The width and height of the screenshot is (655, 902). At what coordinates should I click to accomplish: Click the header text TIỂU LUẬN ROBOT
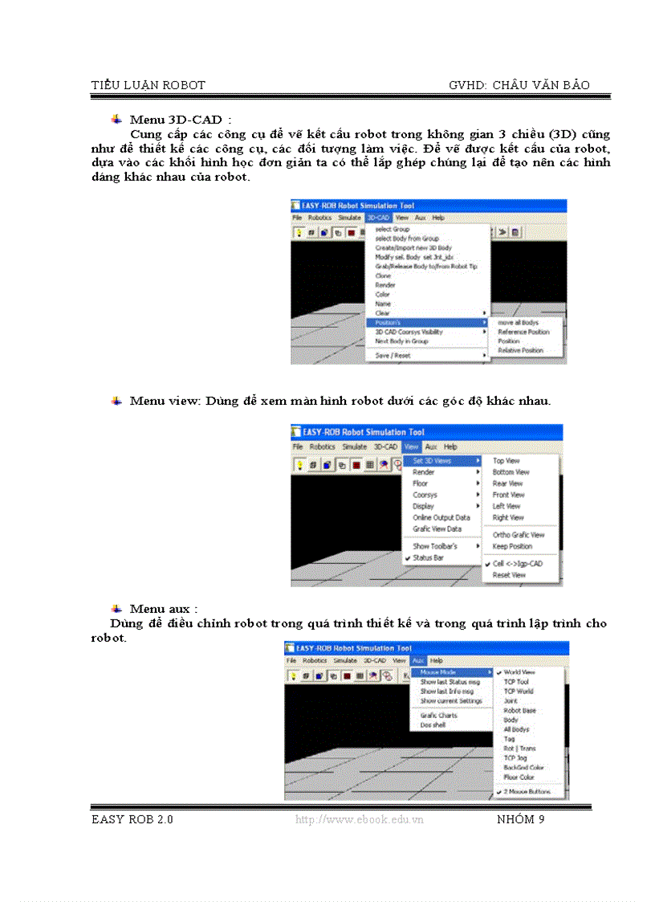(148, 85)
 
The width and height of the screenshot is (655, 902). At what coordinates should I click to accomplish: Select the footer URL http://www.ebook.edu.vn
(359, 819)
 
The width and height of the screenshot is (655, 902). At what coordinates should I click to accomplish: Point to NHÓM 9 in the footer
(520, 819)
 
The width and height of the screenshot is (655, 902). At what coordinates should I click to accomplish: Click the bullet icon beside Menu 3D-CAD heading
(116, 120)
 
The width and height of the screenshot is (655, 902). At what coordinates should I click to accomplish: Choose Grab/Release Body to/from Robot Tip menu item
(426, 266)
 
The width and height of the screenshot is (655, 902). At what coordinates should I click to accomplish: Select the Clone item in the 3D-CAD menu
(383, 275)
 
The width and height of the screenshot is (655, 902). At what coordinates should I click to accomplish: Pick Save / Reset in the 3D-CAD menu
(393, 355)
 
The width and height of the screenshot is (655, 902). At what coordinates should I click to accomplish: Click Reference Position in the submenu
(523, 332)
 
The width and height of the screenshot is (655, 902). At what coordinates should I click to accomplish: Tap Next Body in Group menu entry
(401, 341)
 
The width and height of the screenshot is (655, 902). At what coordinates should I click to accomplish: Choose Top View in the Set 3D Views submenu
(506, 461)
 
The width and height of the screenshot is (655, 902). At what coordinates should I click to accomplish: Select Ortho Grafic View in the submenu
(519, 535)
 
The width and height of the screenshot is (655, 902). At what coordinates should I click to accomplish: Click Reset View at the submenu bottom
(509, 575)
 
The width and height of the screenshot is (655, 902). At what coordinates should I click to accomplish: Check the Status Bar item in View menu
(428, 557)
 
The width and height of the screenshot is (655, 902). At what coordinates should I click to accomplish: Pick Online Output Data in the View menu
(441, 518)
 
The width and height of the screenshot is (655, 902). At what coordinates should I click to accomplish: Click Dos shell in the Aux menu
(433, 724)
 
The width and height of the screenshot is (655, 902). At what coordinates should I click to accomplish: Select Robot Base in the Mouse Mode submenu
(519, 711)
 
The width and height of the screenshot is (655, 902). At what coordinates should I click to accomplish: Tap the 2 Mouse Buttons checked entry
(527, 791)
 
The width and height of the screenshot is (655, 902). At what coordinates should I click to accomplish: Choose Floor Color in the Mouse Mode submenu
(519, 777)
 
